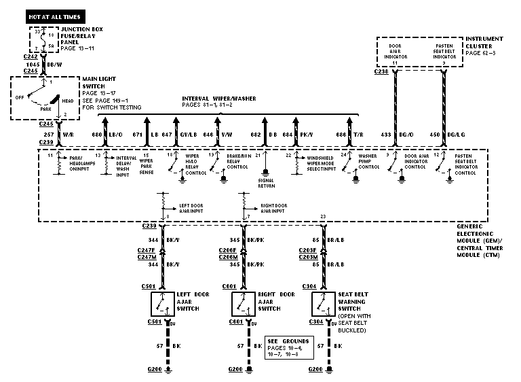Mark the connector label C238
pos(381,70)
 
